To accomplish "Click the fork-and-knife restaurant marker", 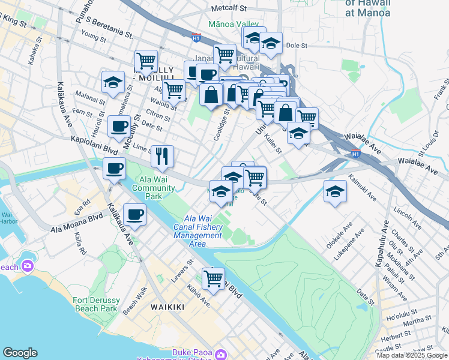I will (162, 157).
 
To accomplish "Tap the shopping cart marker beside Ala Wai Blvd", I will (214, 278).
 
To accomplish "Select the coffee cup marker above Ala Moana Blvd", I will (135, 214).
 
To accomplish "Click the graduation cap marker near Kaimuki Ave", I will (335, 192).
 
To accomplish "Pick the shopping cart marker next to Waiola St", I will (173, 91).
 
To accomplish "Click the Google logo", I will (20, 353).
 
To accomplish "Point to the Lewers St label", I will (181, 271).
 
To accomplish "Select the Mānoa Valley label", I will (234, 24).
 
